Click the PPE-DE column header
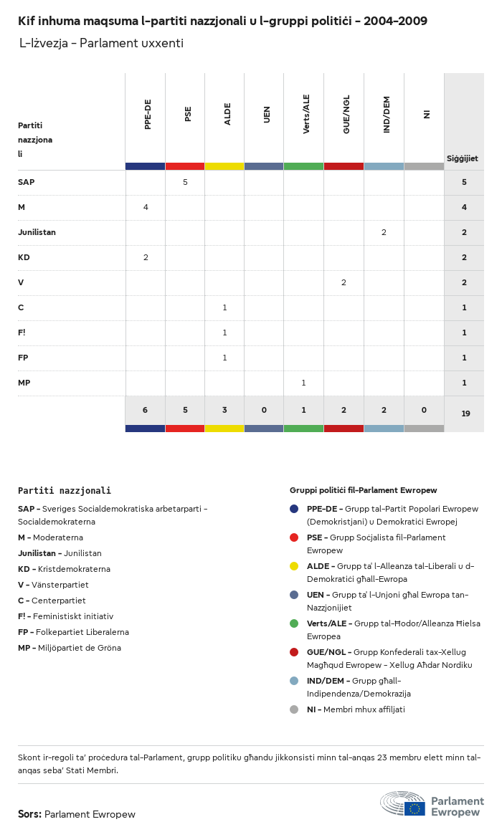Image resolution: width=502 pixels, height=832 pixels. pyautogui.click(x=148, y=115)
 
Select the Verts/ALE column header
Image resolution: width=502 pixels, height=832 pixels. pyautogui.click(x=306, y=115)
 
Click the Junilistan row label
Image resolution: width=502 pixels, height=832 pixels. pyautogui.click(x=37, y=232)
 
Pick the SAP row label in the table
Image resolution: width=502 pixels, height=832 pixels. pyautogui.click(x=27, y=182)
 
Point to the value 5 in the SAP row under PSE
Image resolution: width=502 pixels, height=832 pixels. pyautogui.click(x=185, y=182)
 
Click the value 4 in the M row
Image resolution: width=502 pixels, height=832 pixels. pyautogui.click(x=146, y=207)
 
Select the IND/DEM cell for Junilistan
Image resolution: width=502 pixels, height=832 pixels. pyautogui.click(x=384, y=232)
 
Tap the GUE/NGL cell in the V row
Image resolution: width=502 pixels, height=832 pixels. pyautogui.click(x=344, y=282)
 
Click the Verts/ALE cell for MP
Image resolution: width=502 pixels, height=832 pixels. pyautogui.click(x=303, y=383)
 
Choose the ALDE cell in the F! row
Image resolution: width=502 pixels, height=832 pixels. pyautogui.click(x=224, y=333)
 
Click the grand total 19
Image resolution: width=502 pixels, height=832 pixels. pyautogui.click(x=465, y=413)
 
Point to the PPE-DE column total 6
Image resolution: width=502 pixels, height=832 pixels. pyautogui.click(x=145, y=410)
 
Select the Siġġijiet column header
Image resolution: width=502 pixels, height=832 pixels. pyautogui.click(x=463, y=158)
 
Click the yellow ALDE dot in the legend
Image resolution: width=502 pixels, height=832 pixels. pyautogui.click(x=294, y=566)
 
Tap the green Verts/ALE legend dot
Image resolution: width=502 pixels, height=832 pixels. pyautogui.click(x=294, y=623)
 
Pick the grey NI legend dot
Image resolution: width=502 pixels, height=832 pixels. pyautogui.click(x=294, y=709)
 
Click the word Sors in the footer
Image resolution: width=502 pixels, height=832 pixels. pyautogui.click(x=29, y=814)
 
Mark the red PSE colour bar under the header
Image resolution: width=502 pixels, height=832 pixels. pyautogui.click(x=185, y=166)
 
